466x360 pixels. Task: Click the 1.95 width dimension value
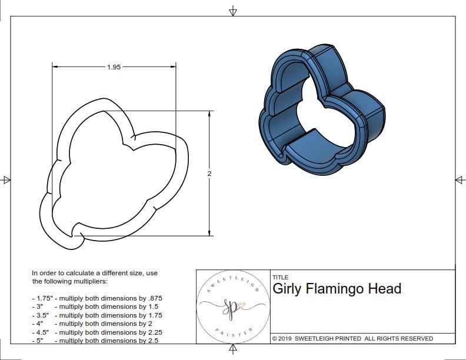tap(114, 67)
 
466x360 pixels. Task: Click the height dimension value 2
tap(209, 174)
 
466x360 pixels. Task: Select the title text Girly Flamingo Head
tap(337, 289)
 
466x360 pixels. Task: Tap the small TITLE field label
tap(281, 277)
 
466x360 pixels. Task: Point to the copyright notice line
tap(352, 338)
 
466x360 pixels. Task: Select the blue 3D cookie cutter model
tap(321, 112)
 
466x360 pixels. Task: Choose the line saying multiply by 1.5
tap(95, 306)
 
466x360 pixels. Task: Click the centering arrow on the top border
tap(233, 11)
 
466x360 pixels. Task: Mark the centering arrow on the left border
tap(7, 180)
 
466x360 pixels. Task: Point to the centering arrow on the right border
tap(459, 179)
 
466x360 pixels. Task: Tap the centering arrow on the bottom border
tap(233, 350)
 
